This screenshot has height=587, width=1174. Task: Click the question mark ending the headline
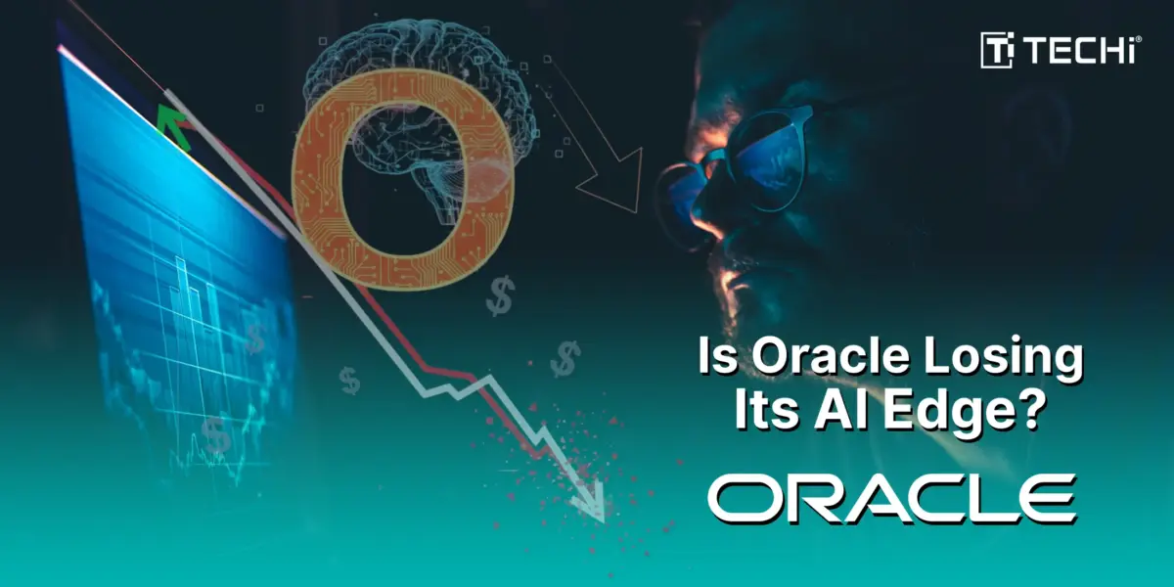coord(1025,411)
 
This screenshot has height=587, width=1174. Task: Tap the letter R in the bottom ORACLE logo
coord(820,498)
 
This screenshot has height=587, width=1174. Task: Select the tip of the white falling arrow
coord(604,522)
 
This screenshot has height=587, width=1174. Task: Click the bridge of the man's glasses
coord(714,158)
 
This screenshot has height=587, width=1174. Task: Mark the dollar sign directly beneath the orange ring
coord(500,296)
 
